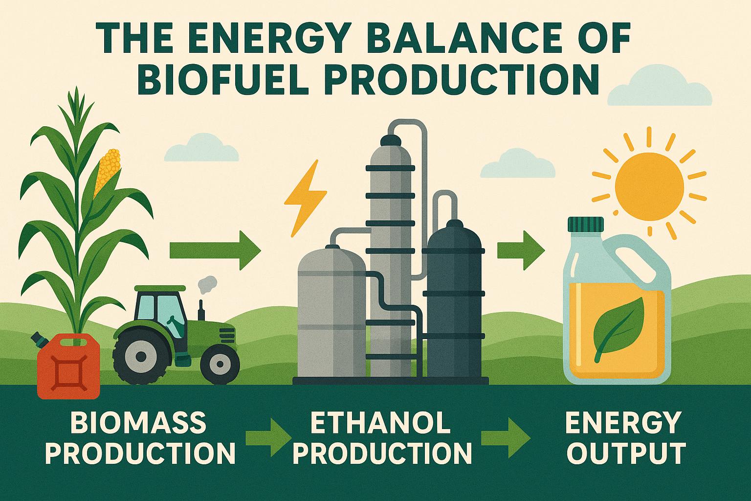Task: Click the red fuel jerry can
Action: pyautogui.click(x=68, y=364)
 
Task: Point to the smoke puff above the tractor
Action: pyautogui.click(x=207, y=283)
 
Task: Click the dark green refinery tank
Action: pyautogui.click(x=453, y=303)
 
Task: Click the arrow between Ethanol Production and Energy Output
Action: pyautogui.click(x=506, y=437)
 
